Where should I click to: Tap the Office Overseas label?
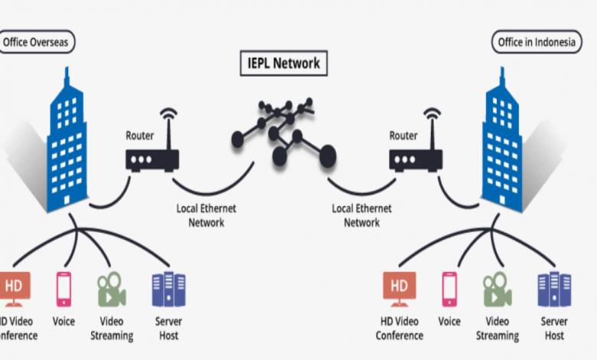click(x=38, y=43)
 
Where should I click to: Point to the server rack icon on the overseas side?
click(x=168, y=289)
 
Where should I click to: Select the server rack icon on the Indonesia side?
click(x=553, y=289)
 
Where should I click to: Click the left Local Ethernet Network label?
click(x=207, y=215)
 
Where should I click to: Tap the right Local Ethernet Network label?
click(x=362, y=215)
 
